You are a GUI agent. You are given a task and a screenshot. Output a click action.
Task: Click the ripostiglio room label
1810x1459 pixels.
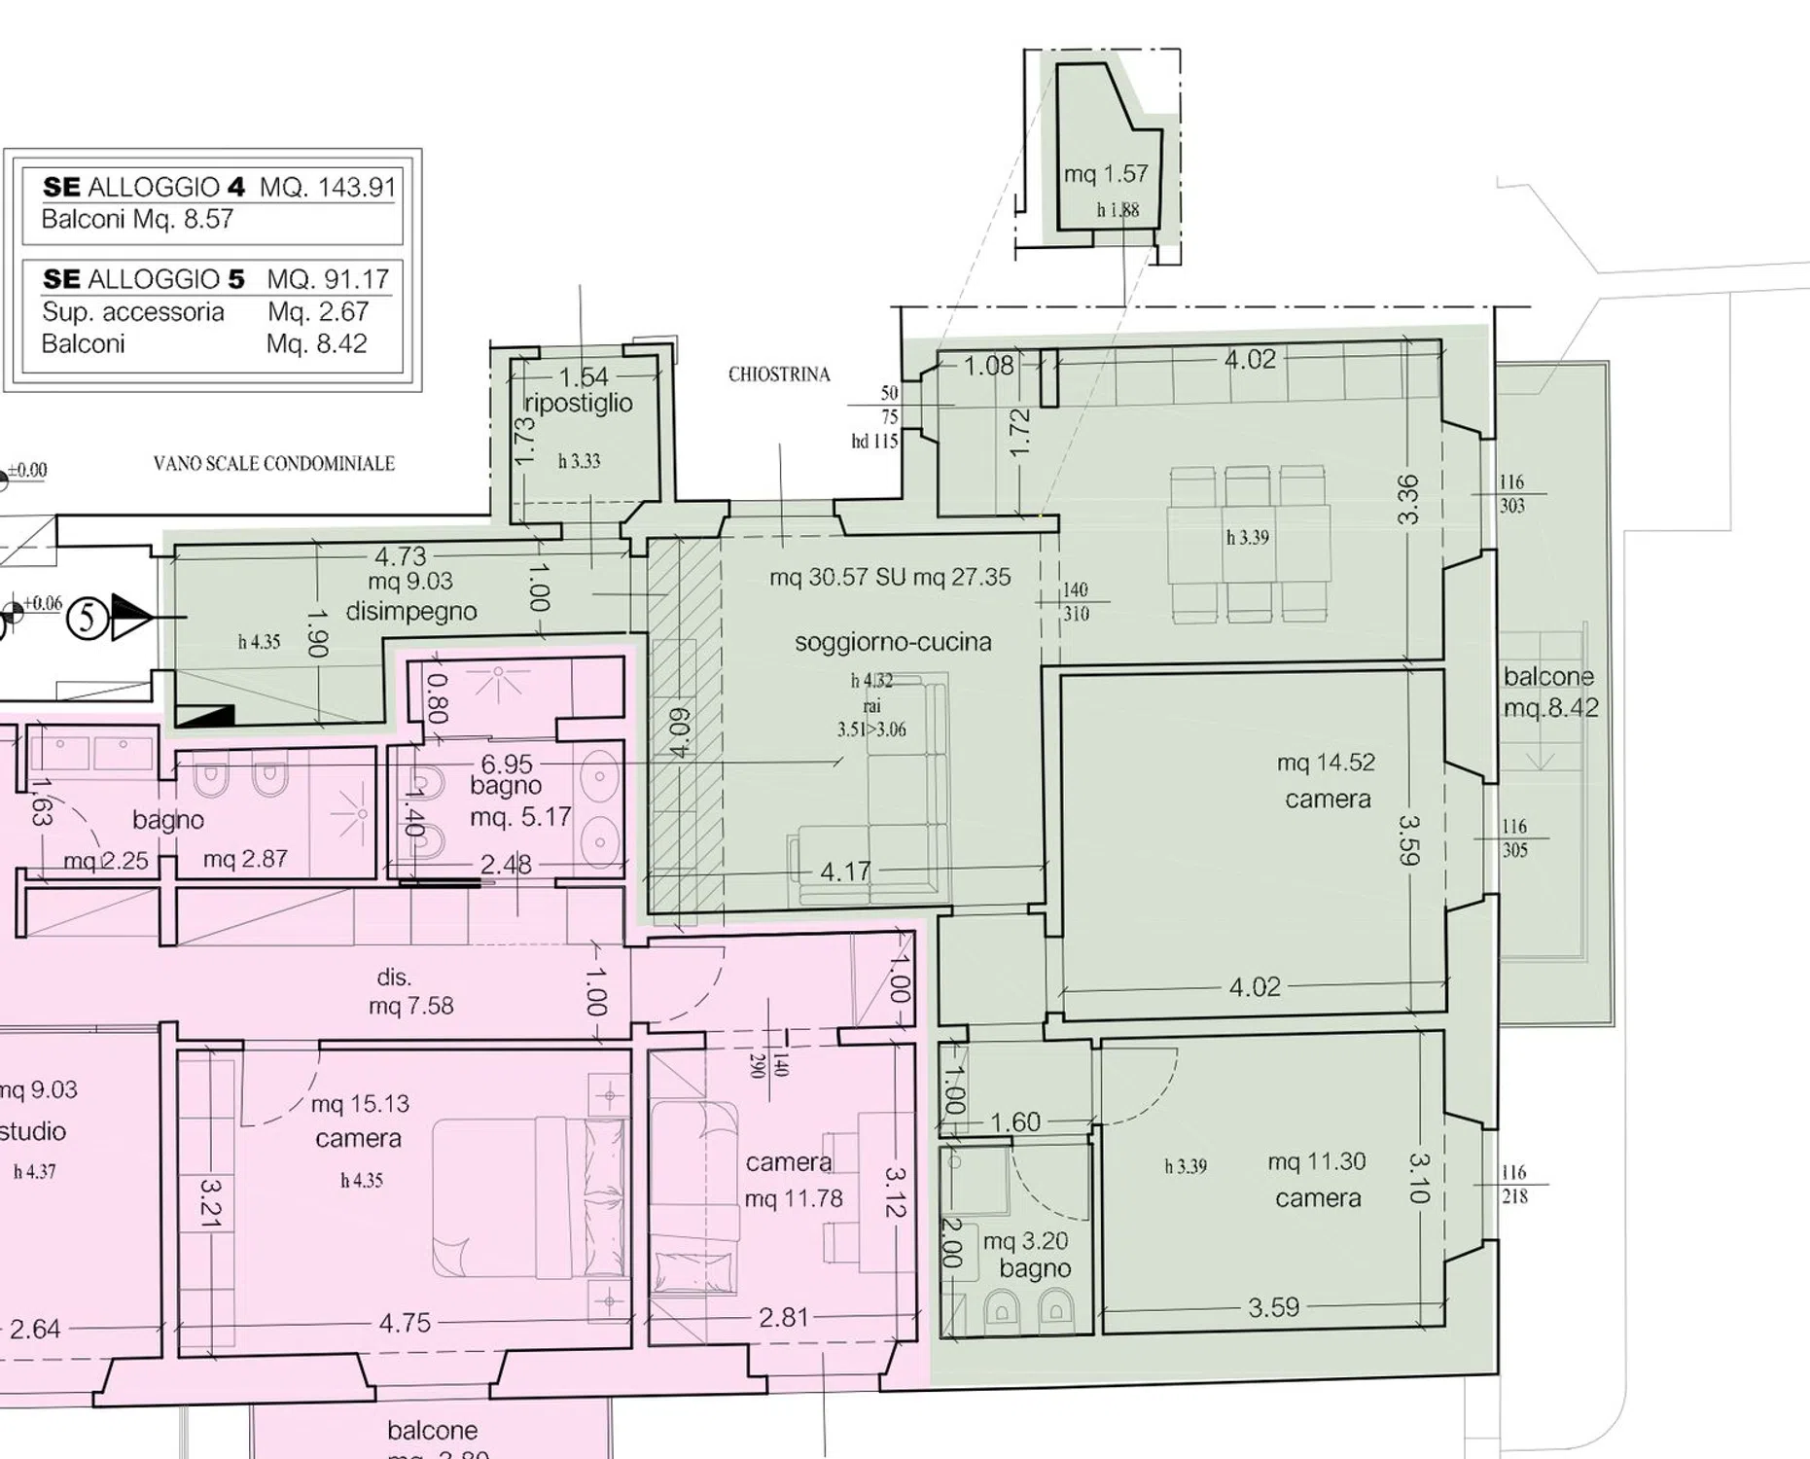tap(578, 403)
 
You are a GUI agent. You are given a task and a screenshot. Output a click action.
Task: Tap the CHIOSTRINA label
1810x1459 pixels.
tap(779, 374)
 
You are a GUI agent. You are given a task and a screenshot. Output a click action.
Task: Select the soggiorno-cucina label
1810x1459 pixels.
tap(893, 642)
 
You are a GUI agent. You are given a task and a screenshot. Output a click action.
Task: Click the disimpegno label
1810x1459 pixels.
tap(411, 612)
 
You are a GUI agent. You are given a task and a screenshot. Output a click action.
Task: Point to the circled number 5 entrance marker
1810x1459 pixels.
tap(88, 618)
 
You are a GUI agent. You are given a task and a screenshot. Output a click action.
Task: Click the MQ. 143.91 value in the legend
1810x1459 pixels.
tap(328, 187)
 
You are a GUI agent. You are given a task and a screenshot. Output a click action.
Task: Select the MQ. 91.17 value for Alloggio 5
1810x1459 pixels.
tap(328, 279)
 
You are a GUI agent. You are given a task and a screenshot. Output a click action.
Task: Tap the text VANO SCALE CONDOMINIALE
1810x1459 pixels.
tap(274, 464)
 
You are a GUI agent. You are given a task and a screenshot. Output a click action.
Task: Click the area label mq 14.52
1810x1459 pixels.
tap(1327, 763)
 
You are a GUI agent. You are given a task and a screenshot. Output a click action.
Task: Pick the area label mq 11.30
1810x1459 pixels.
tap(1317, 1161)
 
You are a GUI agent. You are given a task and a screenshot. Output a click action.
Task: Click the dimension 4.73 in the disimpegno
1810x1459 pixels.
tap(401, 556)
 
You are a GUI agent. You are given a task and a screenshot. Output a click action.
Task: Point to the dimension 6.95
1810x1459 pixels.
tap(507, 765)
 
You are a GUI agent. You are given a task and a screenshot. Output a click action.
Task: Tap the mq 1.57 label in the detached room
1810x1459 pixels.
tap(1106, 174)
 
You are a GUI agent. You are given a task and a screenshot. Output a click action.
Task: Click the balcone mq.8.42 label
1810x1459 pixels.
tap(1550, 692)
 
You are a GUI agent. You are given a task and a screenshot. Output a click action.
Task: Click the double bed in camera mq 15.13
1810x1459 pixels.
tap(529, 1196)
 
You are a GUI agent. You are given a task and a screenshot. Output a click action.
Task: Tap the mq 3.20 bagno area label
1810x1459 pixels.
tap(1025, 1241)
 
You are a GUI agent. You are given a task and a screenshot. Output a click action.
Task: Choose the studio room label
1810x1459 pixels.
tap(33, 1131)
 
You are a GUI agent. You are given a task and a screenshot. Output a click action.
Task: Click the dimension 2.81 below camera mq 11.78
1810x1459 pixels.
tap(784, 1317)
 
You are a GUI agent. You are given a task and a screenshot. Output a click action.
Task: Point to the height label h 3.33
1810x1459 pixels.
tap(579, 461)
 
